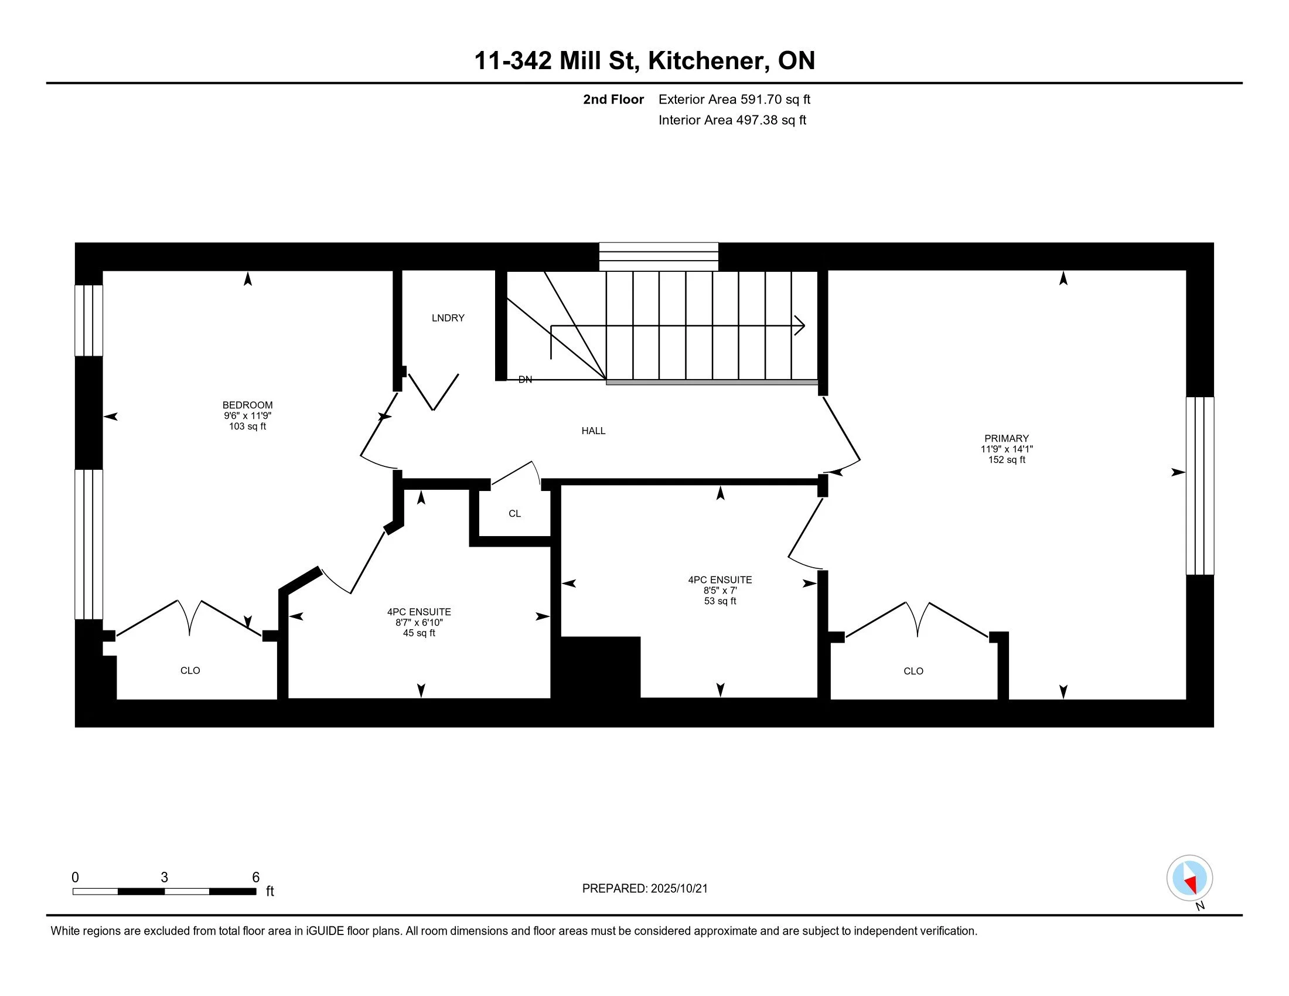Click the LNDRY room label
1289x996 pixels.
click(448, 318)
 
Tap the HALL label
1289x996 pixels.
click(593, 431)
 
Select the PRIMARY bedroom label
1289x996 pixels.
click(1006, 438)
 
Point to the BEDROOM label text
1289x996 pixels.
click(247, 405)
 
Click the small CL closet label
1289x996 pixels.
click(514, 514)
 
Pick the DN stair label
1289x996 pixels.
click(526, 380)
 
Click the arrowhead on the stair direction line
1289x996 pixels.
click(800, 325)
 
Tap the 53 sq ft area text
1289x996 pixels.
click(720, 601)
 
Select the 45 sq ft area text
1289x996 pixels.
click(419, 633)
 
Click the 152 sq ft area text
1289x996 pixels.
click(1006, 460)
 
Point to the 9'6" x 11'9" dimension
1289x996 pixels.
click(247, 416)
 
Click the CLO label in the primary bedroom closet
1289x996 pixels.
click(913, 671)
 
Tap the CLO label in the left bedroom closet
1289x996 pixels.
click(190, 671)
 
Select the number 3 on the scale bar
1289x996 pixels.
click(164, 878)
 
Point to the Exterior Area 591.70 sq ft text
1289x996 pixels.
click(734, 99)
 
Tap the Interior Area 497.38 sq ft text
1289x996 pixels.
click(732, 120)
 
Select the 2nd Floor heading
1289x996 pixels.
click(613, 99)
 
